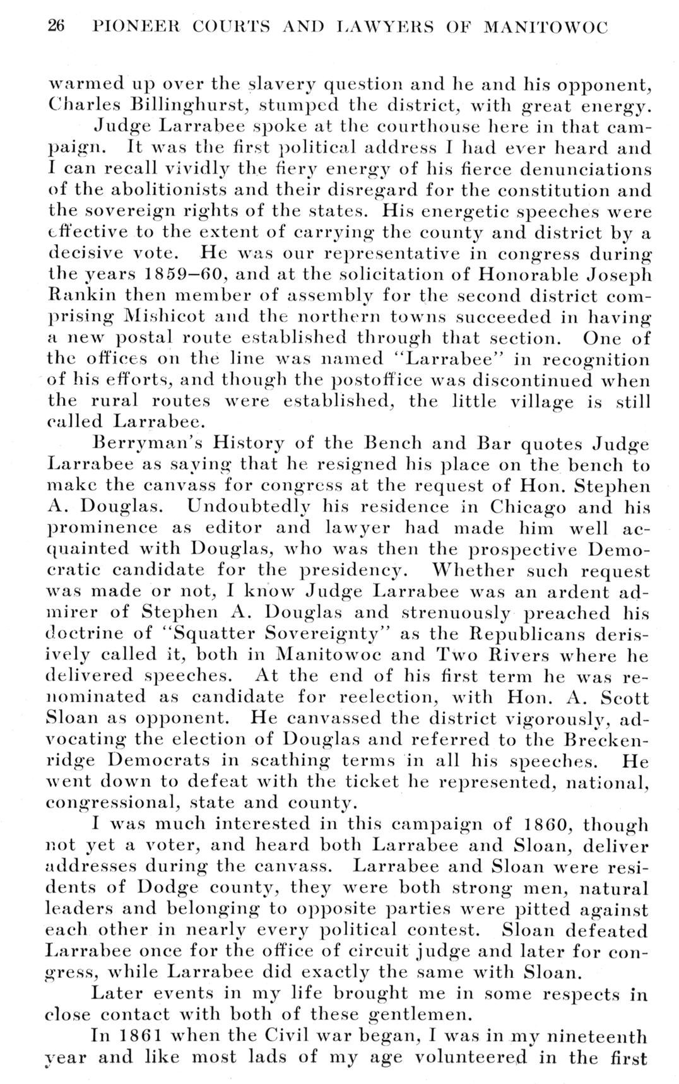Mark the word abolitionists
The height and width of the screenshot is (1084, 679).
pos(143,190)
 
